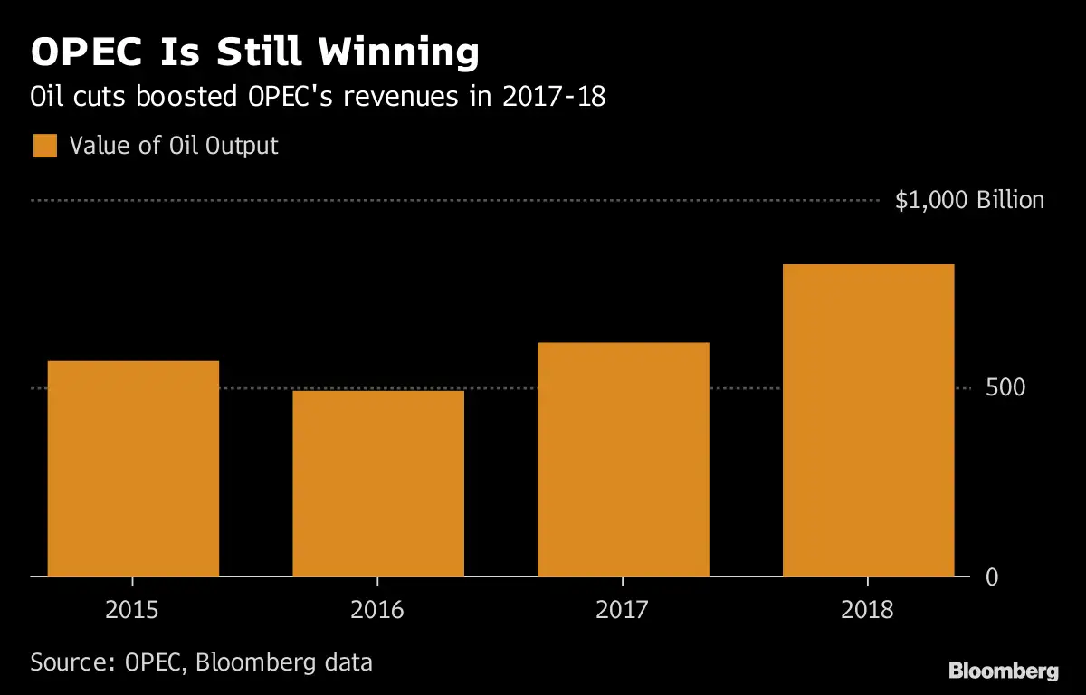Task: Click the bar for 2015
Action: coord(133,468)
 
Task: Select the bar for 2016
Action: coord(378,483)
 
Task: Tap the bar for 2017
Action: coord(623,459)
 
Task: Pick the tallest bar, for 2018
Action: coord(868,420)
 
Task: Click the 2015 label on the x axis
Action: coord(132,609)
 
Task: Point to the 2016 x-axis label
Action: coord(377,609)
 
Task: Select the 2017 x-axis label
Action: coord(623,609)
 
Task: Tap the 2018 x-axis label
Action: coord(867,609)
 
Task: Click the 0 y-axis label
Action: coord(992,577)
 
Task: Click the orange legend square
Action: coord(45,146)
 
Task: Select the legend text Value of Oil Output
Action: coord(174,146)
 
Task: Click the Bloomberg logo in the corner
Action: coord(1003,671)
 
